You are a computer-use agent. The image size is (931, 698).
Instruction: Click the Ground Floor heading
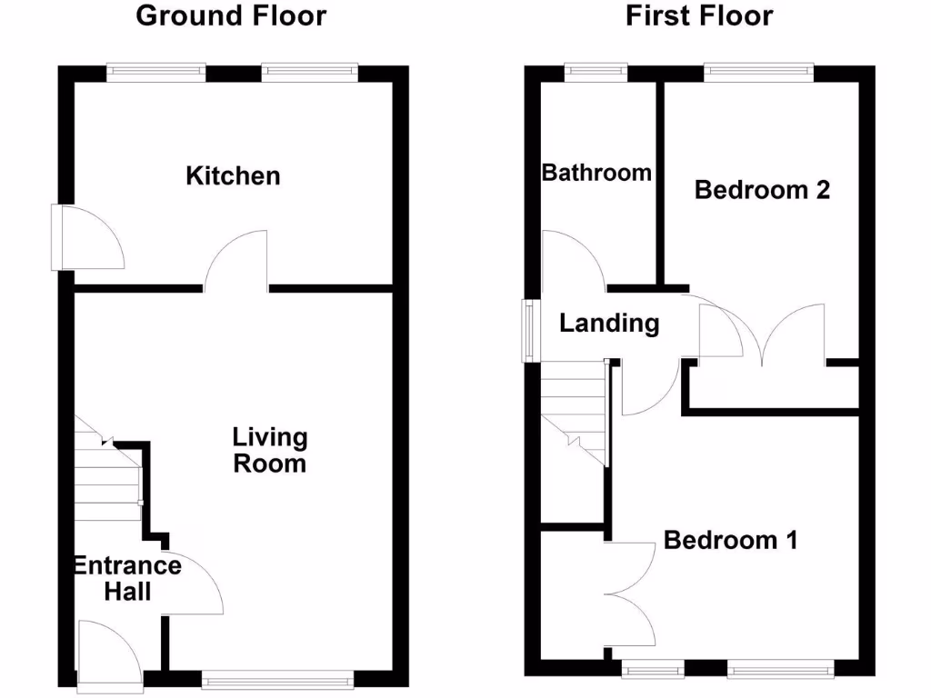[x=231, y=15]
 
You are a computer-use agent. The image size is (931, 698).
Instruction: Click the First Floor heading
[x=699, y=15]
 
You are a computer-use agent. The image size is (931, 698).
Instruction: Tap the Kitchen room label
[x=233, y=175]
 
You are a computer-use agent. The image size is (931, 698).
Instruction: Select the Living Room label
[x=270, y=451]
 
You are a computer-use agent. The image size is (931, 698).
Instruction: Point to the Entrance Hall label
[x=127, y=579]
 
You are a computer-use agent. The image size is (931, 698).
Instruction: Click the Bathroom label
[x=596, y=172]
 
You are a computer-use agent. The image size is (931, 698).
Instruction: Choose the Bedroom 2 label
[x=762, y=190]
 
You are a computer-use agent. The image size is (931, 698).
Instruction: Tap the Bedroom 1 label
[x=731, y=540]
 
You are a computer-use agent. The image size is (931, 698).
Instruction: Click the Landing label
[x=608, y=323]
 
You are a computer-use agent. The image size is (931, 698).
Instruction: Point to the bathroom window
[x=596, y=69]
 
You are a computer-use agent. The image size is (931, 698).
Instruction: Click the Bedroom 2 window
[x=758, y=69]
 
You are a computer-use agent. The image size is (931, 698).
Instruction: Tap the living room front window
[x=276, y=677]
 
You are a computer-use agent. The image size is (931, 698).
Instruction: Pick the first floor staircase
[x=573, y=413]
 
